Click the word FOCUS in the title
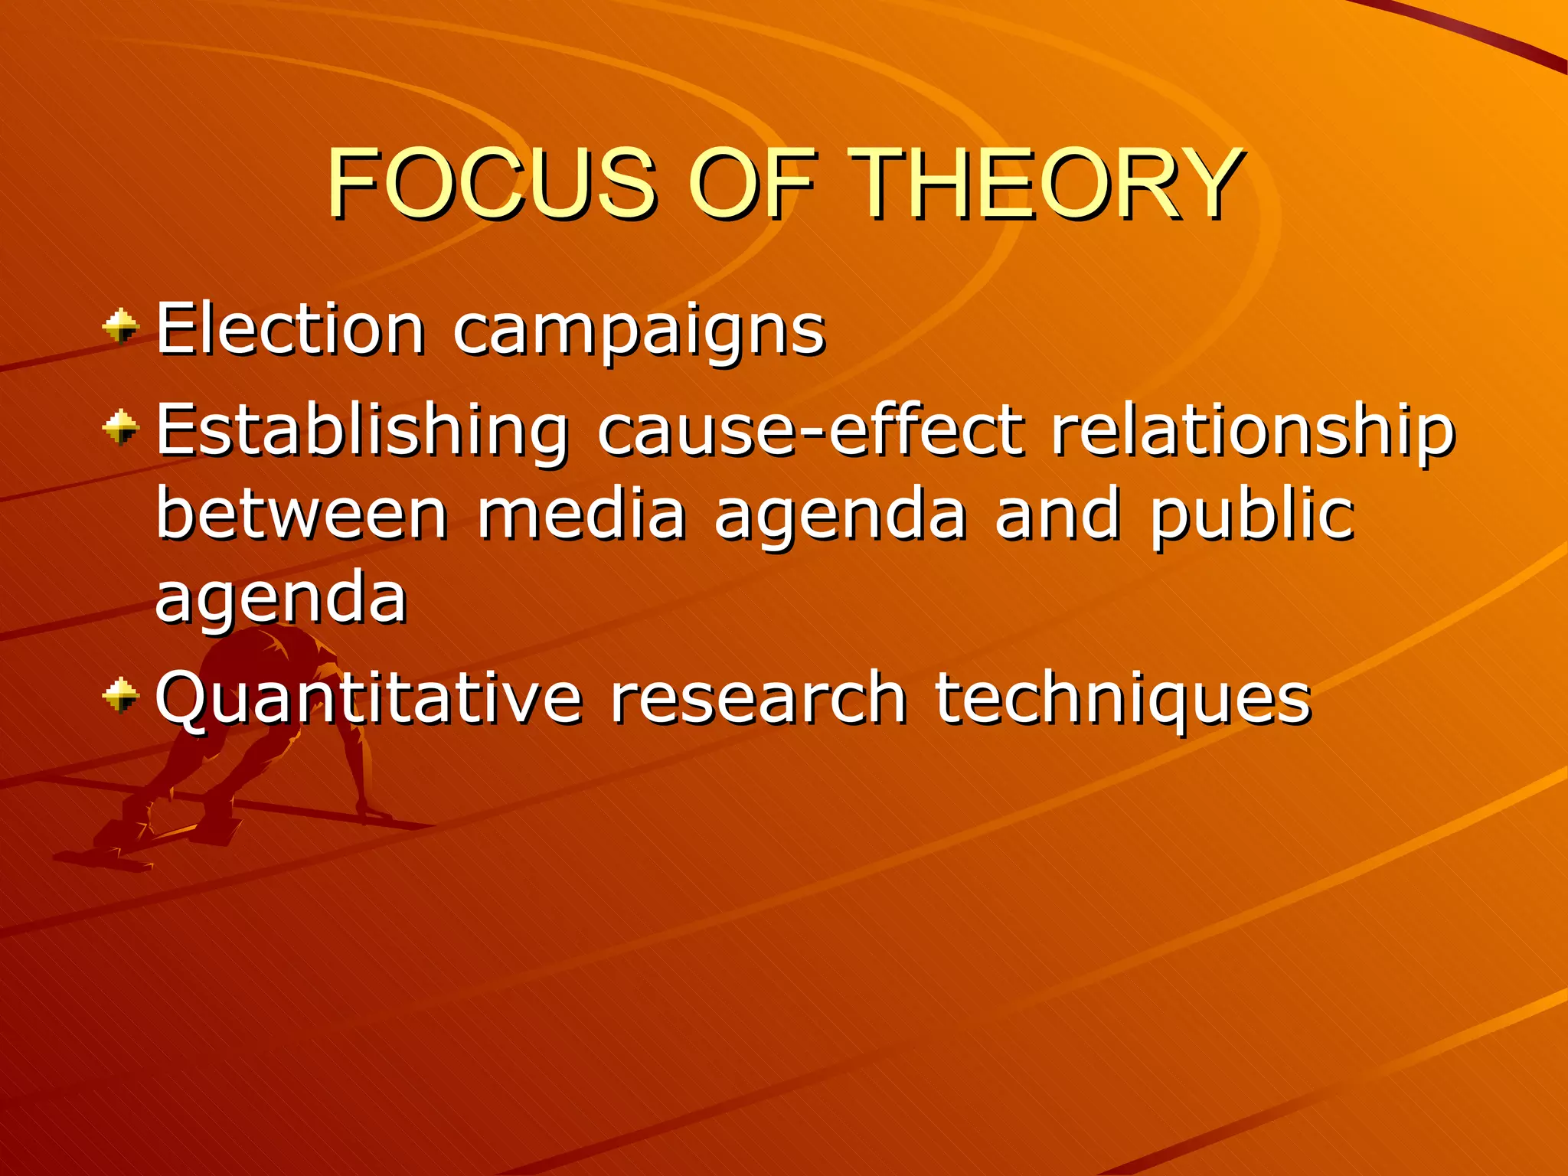[491, 184]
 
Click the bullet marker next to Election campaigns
[121, 328]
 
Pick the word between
[302, 514]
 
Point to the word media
[581, 514]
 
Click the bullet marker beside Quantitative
[121, 695]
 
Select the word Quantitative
[368, 698]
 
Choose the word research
[758, 698]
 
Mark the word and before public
[1057, 514]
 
